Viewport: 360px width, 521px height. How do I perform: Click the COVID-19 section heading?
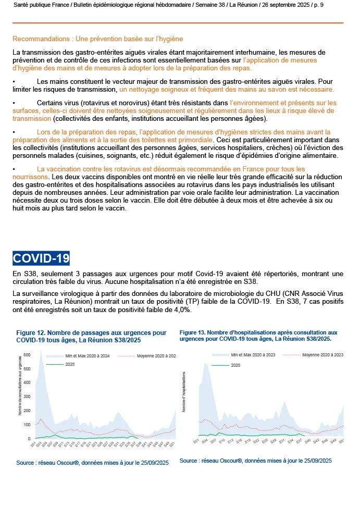click(x=41, y=259)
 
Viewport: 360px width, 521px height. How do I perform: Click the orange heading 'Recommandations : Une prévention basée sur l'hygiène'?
click(x=97, y=39)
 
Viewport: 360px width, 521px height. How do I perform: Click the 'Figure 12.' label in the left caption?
click(x=32, y=332)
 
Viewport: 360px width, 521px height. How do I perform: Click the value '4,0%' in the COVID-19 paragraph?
click(x=182, y=309)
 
